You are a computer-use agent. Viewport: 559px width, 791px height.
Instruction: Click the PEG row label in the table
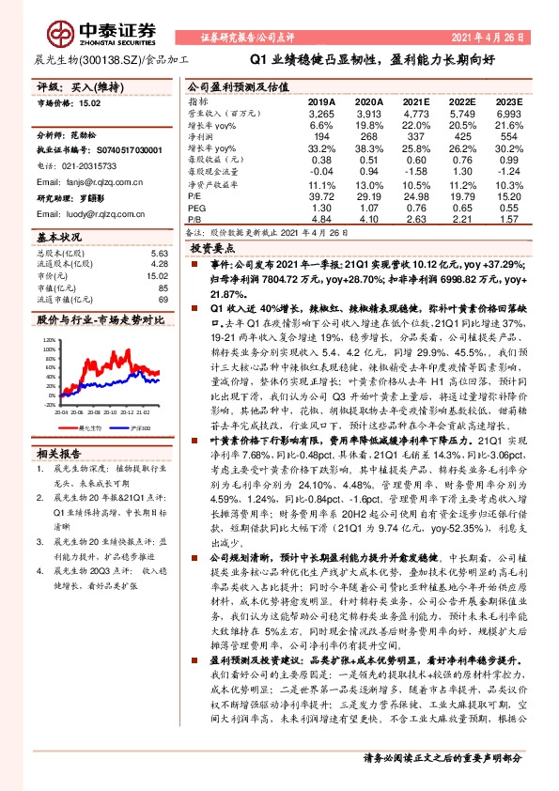pyautogui.click(x=198, y=207)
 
